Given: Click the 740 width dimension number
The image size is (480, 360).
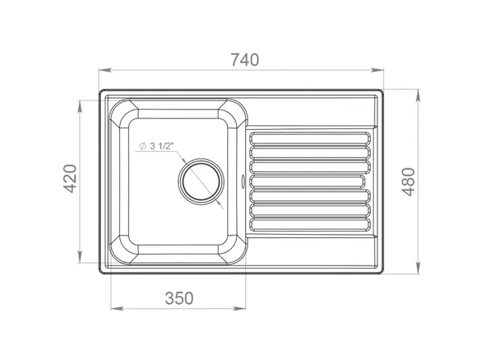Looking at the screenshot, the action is (x=245, y=60).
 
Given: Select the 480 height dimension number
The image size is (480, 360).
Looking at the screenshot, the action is (x=408, y=182).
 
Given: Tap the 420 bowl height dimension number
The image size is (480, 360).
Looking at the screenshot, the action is (x=70, y=179).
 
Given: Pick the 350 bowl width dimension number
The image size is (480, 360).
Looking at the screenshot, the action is (x=179, y=298).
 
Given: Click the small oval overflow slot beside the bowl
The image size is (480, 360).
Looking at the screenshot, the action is (x=243, y=181).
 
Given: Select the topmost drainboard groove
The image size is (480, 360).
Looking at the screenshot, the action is (x=310, y=138).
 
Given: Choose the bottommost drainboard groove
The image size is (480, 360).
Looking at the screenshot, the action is (x=310, y=224).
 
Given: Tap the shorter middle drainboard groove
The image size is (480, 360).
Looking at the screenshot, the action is (x=307, y=181).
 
